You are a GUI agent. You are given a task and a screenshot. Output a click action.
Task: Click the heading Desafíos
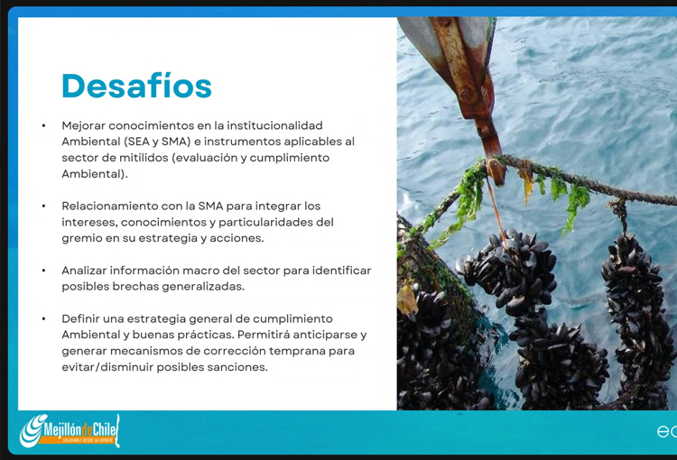click(136, 86)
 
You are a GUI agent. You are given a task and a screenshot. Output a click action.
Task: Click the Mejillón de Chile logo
click(70, 431)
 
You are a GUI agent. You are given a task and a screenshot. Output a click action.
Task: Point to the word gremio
click(83, 238)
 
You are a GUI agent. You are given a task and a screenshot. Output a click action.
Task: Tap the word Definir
click(83, 319)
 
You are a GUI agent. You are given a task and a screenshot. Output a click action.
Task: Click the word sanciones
click(237, 367)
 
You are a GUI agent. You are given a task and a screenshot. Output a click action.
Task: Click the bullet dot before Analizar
click(43, 271)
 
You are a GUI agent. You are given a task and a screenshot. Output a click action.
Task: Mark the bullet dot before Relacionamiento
click(43, 207)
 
